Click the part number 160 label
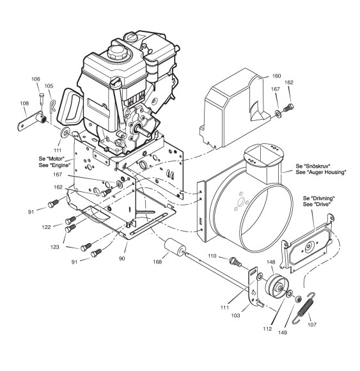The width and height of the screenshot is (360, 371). [276, 76]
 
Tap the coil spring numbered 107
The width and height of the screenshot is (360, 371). [304, 308]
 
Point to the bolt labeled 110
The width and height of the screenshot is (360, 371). [235, 261]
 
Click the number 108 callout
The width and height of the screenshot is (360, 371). [24, 104]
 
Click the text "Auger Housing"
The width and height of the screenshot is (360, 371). [330, 172]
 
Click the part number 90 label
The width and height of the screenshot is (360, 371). [122, 258]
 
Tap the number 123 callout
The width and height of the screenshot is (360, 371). [54, 247]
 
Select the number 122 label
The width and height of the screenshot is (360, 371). [46, 227]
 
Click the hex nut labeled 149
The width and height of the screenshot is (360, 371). [298, 299]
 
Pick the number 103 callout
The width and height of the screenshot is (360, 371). [235, 315]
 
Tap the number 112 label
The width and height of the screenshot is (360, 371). [267, 329]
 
